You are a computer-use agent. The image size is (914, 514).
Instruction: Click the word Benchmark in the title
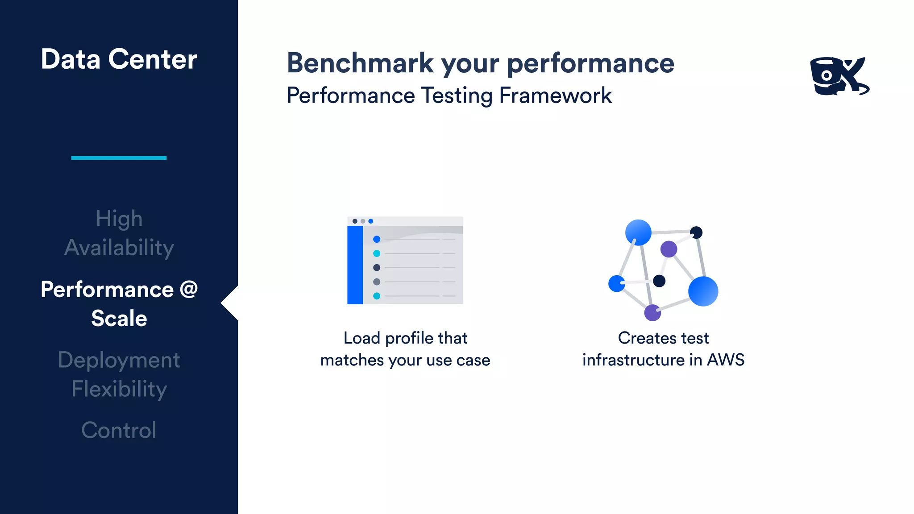[360, 63]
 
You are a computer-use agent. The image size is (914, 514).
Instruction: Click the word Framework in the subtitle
[555, 95]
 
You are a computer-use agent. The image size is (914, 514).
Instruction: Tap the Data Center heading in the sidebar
[119, 59]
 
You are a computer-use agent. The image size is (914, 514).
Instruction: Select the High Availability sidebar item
[119, 233]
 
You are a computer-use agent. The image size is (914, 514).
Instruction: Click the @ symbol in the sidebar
[189, 289]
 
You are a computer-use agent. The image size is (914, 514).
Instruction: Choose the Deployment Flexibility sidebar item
[119, 374]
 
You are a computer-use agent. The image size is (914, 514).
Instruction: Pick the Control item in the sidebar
[119, 430]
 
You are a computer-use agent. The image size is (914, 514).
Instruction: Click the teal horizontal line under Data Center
[119, 158]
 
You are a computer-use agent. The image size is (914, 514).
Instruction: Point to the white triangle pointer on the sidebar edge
[230, 303]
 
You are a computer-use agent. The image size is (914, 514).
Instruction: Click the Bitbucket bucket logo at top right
[839, 76]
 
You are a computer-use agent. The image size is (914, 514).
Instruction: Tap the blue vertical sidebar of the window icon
[355, 265]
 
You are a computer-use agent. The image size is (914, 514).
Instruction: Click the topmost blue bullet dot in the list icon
[377, 240]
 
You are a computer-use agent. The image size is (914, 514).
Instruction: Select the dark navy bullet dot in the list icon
[377, 268]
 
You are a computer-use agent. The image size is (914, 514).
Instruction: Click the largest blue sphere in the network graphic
[703, 291]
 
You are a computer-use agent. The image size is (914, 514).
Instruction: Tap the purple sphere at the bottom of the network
[652, 313]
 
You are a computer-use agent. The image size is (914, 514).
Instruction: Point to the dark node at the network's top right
[696, 232]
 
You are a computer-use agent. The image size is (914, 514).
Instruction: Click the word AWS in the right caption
[726, 360]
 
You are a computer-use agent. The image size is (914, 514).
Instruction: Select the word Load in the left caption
[361, 338]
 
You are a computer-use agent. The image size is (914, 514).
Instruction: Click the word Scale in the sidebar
[119, 319]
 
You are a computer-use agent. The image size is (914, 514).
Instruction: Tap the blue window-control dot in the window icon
[371, 221]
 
